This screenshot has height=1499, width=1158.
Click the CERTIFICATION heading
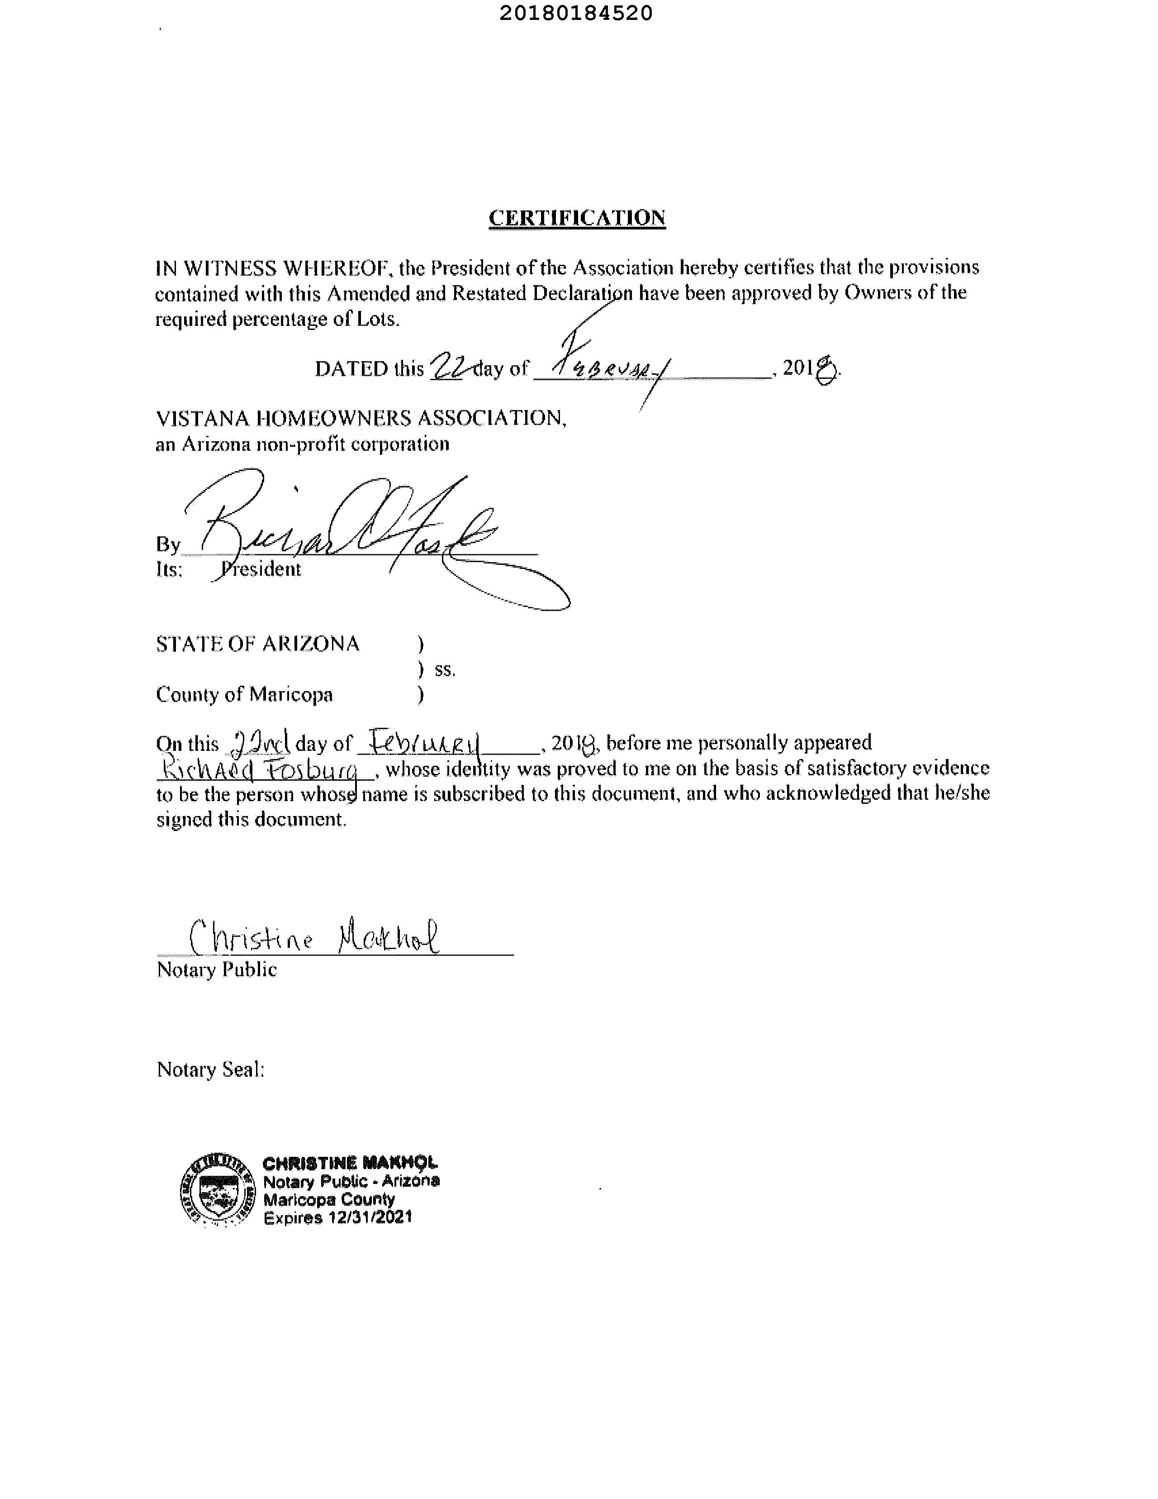click(x=576, y=218)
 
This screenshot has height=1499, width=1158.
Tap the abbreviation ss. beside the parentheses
click(x=445, y=669)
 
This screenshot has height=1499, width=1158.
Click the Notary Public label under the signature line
click(x=217, y=969)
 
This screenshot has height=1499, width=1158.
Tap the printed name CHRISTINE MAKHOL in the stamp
click(x=350, y=1163)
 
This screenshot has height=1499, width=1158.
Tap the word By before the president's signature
click(x=167, y=544)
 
